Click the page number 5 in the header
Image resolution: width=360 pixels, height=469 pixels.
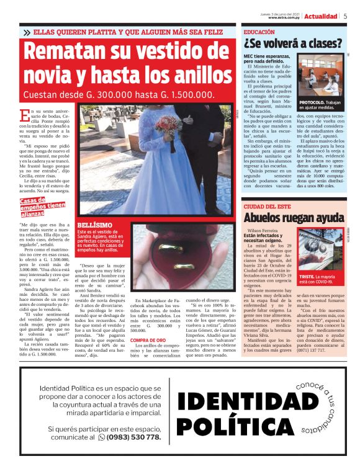345,17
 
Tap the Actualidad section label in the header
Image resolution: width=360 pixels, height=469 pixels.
320,17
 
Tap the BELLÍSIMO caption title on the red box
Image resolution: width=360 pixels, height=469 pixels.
94,225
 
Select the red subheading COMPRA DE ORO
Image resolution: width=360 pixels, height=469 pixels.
148,341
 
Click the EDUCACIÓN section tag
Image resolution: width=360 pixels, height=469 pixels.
259,31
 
